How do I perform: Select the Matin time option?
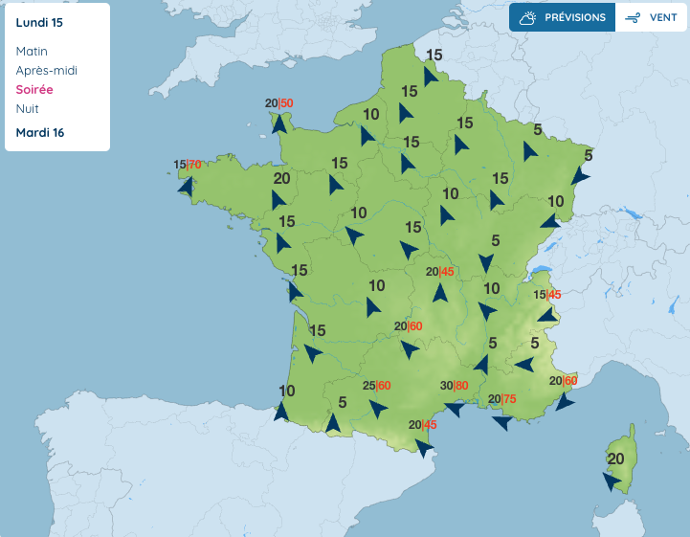(32, 51)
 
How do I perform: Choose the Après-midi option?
(47, 70)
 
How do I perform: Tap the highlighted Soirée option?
(34, 89)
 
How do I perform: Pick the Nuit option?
(28, 108)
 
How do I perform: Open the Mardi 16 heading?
(40, 132)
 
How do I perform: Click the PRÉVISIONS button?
(563, 17)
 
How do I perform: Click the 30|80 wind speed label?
(454, 386)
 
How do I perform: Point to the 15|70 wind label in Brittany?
(188, 165)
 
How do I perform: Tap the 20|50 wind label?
(279, 103)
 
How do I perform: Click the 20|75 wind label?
(502, 399)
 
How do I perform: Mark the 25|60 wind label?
(377, 386)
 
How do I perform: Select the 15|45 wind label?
(547, 295)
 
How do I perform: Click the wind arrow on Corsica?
(611, 481)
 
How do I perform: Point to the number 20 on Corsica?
(615, 459)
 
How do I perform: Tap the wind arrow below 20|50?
(278, 123)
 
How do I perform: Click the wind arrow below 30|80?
(455, 409)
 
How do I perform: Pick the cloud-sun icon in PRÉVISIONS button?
(527, 17)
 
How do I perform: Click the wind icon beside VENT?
(633, 17)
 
